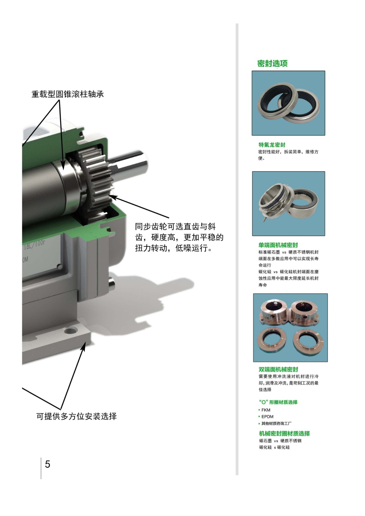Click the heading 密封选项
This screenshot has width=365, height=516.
[x=272, y=63]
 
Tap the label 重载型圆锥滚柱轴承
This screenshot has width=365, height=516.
[x=67, y=94]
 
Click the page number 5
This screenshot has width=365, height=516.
[x=47, y=464]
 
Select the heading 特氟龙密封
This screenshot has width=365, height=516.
[x=272, y=145]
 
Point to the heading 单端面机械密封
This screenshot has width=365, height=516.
[x=278, y=245]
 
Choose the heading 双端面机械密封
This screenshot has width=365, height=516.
[x=278, y=369]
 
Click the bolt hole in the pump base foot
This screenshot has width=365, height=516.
[x=70, y=331]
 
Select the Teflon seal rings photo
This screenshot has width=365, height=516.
[x=288, y=103]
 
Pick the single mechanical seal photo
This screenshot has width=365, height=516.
[x=289, y=203]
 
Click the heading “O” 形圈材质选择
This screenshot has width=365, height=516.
[x=278, y=402]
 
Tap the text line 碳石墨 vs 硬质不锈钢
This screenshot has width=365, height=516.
[x=280, y=441]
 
